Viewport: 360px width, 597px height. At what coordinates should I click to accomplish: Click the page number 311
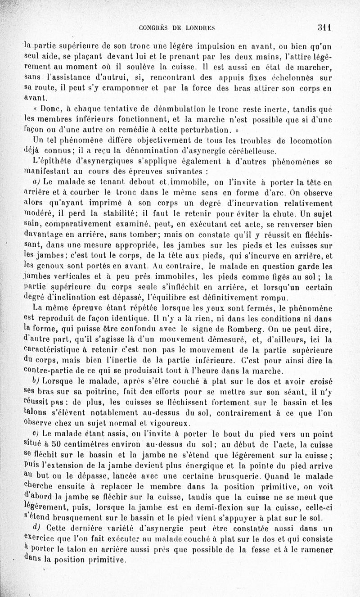tap(324, 27)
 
